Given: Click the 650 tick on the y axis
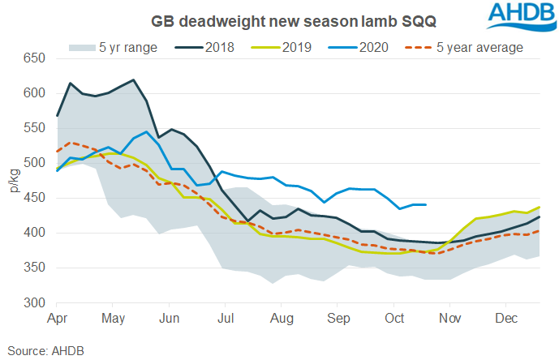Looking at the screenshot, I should (x=34, y=58).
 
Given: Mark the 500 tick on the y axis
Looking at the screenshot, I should (x=34, y=163).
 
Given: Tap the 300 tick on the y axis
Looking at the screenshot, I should (x=34, y=302).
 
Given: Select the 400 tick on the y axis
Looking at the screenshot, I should (x=34, y=233).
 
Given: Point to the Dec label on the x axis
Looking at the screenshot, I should (x=506, y=317).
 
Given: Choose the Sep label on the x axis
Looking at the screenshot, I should (x=338, y=317).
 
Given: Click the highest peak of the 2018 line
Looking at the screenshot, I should (x=133, y=79).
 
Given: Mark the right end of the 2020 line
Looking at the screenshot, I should (x=427, y=205).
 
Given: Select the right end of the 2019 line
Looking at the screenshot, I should (x=540, y=207).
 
